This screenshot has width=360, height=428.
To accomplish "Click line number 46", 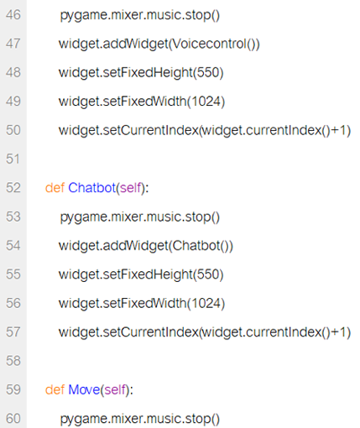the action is coord(13,15).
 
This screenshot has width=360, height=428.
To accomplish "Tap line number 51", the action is coord(13,159).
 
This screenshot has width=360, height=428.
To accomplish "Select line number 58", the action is coord(13,361).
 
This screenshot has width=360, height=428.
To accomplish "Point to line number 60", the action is coord(13,419).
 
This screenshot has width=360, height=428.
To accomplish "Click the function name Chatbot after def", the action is coord(91,188).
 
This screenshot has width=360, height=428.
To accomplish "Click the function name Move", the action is coord(84,389).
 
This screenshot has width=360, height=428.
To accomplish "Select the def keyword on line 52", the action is coord(55,188).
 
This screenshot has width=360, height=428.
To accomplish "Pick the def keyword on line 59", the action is coord(55,389).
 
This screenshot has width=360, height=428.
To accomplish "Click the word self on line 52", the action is coord(130,188).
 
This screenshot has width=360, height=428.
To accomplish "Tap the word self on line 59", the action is coord(115,389).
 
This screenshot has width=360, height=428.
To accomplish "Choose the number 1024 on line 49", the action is coord(206,102).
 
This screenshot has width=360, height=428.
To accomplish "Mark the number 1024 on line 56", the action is coord(206,303).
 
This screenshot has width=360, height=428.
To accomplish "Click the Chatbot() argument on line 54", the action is coord(201,246).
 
